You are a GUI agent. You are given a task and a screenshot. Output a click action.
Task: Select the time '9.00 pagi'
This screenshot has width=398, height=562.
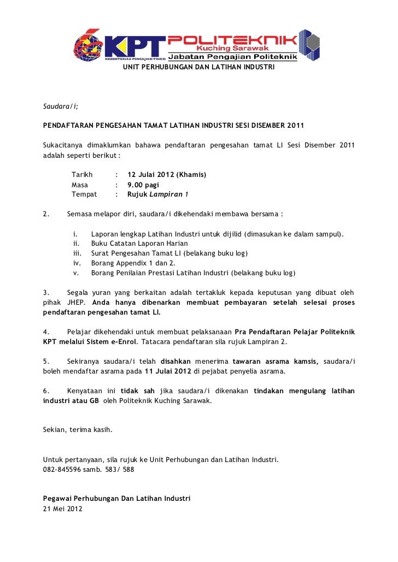143,185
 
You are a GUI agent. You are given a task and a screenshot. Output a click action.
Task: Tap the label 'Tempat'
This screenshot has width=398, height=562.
84,194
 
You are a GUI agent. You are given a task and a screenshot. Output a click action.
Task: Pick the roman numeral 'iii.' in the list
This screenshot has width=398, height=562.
77,253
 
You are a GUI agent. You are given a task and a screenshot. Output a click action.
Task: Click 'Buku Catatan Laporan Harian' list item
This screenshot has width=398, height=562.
139,243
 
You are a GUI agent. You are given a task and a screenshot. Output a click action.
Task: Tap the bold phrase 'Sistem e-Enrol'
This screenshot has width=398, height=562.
107,341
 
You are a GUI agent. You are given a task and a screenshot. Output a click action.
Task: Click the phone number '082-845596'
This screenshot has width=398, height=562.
62,469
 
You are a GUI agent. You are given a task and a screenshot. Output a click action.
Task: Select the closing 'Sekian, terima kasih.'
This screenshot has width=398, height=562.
78,430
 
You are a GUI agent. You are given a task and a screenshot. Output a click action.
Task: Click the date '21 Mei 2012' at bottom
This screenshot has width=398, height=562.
62,508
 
